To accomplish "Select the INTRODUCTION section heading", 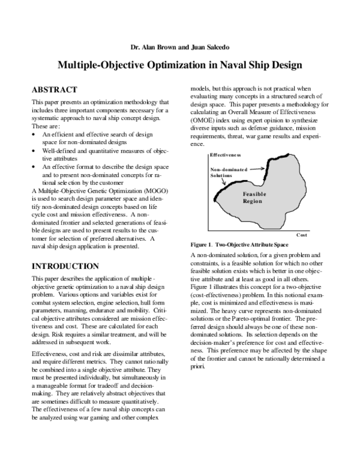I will (65, 265).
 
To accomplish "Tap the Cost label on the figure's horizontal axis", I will (302, 236).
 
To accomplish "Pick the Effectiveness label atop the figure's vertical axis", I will (230, 155).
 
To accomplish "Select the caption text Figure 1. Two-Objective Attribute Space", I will (240, 246).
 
